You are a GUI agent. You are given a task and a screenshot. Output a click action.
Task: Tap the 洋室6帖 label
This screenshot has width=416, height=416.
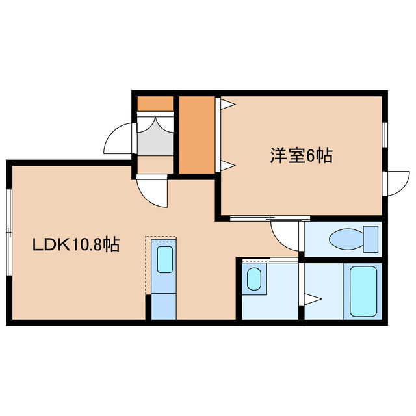point(302,155)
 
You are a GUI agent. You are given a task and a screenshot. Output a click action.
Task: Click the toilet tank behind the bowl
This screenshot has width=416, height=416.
point(371,238)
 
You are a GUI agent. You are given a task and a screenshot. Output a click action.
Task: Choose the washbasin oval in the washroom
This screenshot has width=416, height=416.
point(254,279)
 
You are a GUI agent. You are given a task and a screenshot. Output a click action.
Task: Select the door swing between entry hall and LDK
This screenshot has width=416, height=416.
point(152,190)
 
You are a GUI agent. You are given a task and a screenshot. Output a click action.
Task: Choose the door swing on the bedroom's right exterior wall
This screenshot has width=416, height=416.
point(397,182)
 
